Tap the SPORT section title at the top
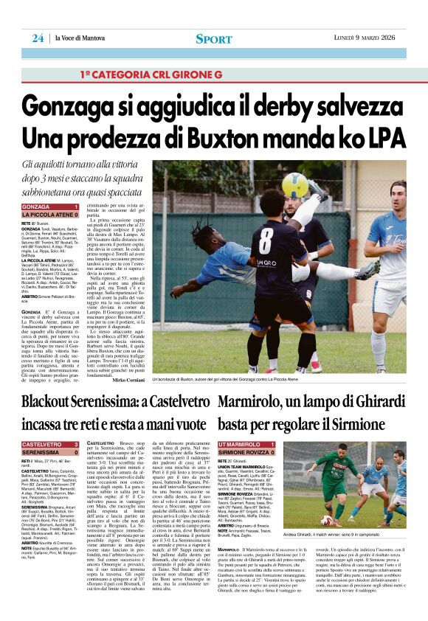[x=213, y=38]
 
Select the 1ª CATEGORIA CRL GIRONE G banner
[x=151, y=75]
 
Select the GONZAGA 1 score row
[x=50, y=207]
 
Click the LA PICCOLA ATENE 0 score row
[x=50, y=215]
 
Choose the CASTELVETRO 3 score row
[x=50, y=445]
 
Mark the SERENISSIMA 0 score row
[x=50, y=453]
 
